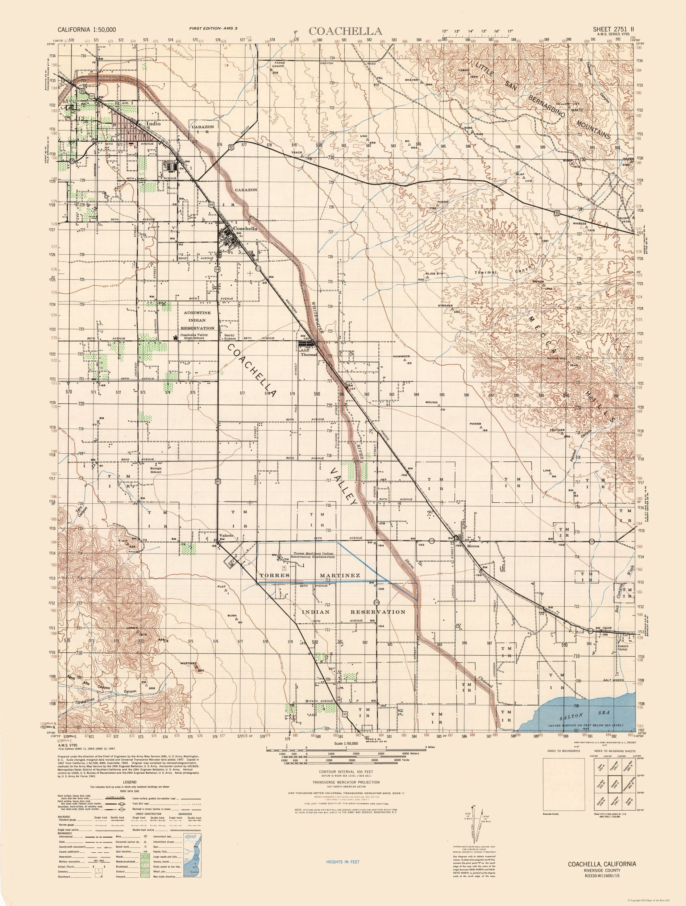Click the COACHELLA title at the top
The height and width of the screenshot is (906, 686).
(x=346, y=31)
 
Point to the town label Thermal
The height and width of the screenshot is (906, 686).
(x=309, y=355)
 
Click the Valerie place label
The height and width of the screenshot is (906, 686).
(x=226, y=535)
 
